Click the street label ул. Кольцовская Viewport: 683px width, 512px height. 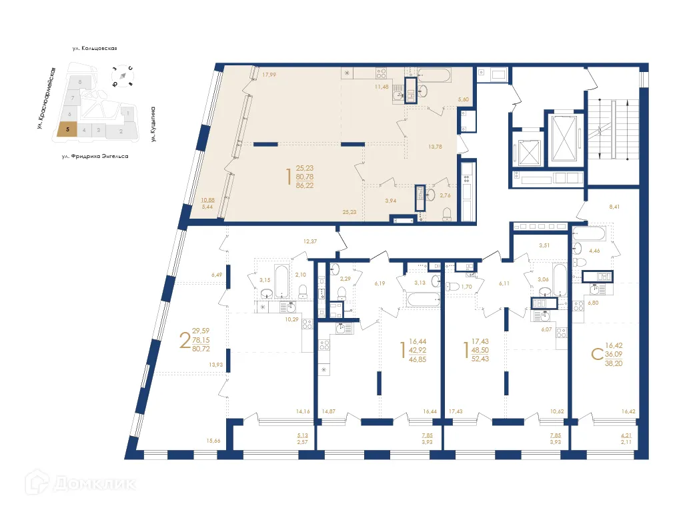(x=95, y=49)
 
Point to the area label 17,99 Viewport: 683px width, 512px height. (x=269, y=75)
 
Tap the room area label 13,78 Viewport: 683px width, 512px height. (x=436, y=147)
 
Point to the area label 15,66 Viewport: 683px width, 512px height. (x=213, y=441)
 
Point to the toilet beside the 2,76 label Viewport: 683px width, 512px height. (x=448, y=213)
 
